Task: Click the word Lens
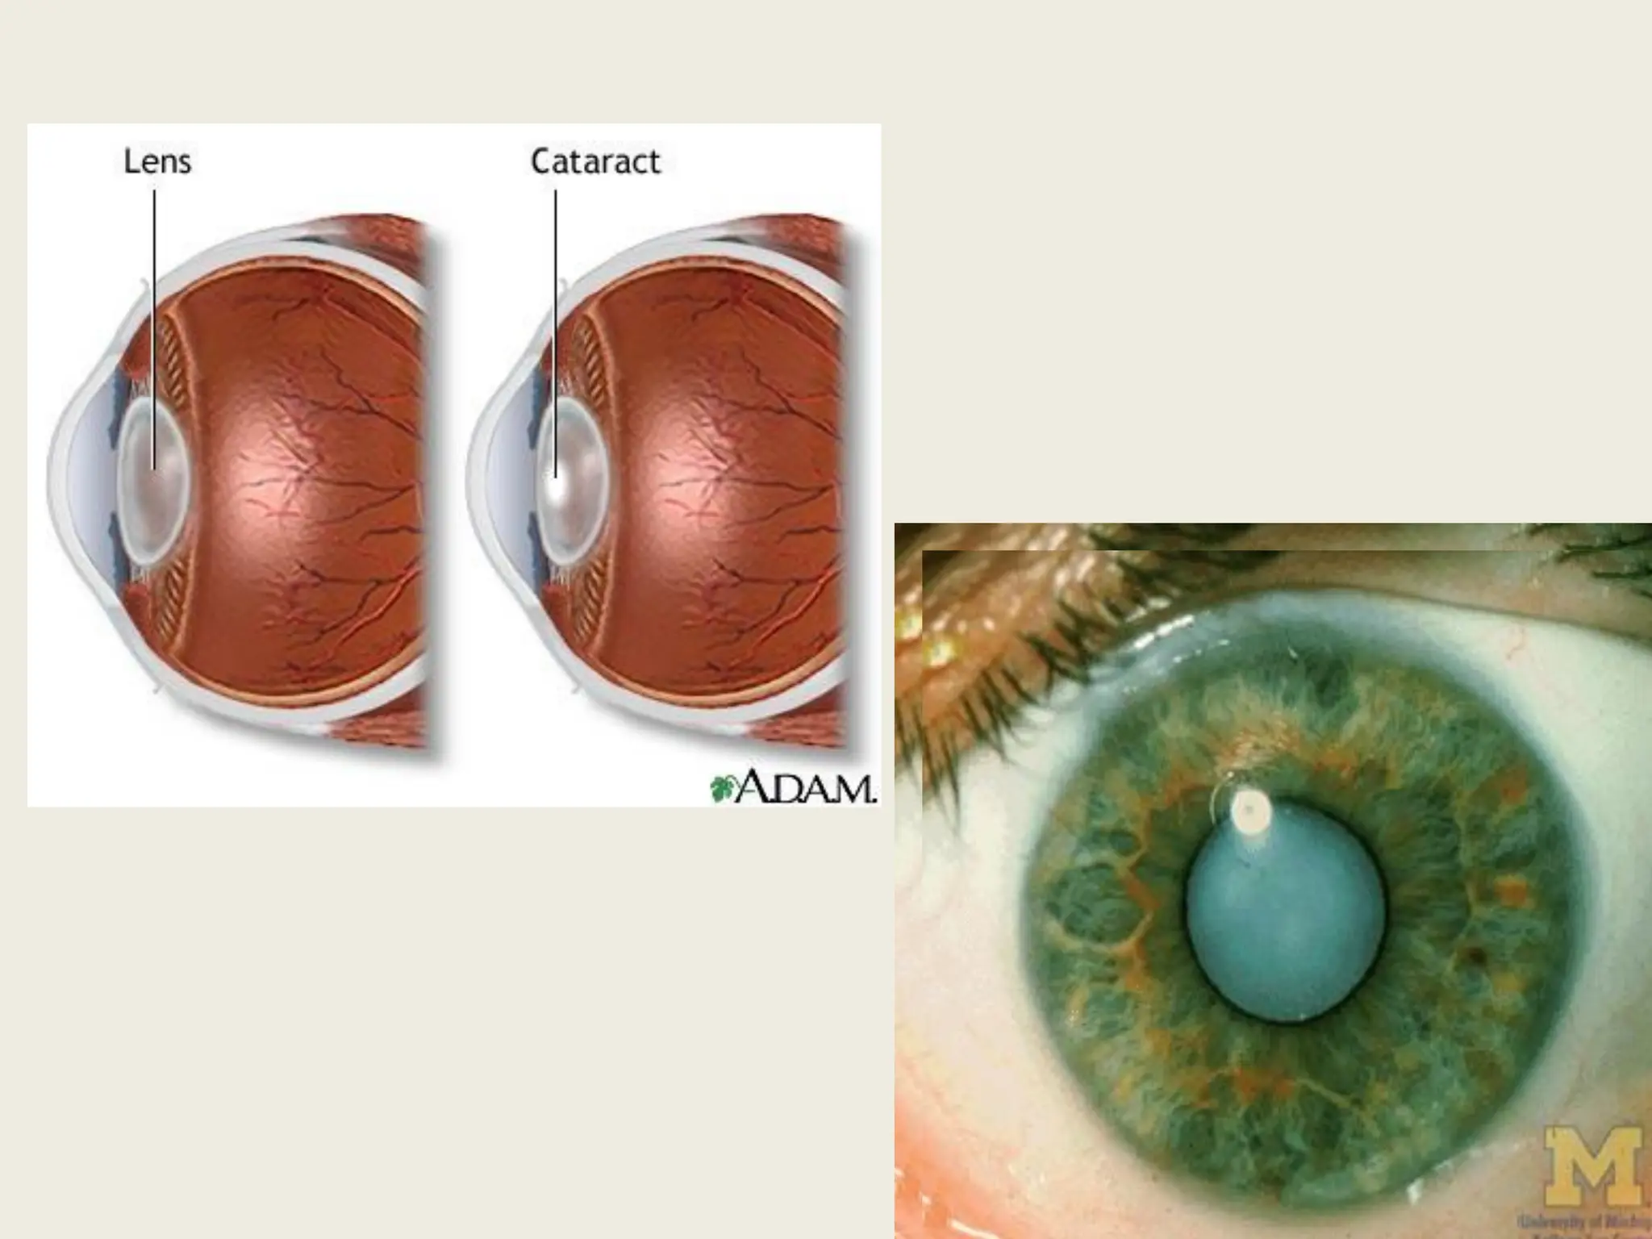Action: tap(157, 162)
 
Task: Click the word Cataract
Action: tap(595, 162)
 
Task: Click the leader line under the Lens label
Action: tap(155, 323)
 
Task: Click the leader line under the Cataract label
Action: tap(556, 323)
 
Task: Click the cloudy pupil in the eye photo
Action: tap(1284, 912)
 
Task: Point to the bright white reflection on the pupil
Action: tap(1249, 807)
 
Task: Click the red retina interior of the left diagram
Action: tap(307, 484)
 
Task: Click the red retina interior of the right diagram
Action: tap(726, 484)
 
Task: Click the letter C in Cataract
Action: tap(541, 162)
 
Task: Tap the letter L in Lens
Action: tap(131, 162)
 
